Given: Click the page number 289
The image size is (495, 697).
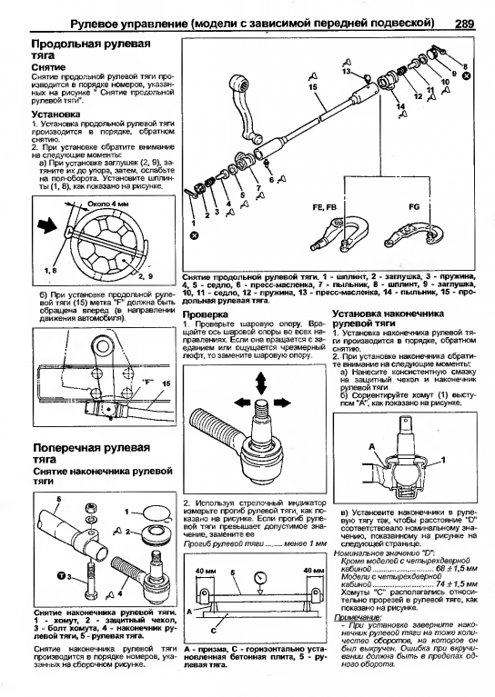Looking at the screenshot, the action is (465, 24).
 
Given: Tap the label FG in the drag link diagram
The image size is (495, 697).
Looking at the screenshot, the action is (414, 206).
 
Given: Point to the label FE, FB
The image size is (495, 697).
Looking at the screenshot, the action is (325, 206).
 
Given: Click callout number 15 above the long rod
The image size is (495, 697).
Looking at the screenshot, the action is (312, 87).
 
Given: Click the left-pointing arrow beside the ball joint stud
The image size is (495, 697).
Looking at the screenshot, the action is (243, 403).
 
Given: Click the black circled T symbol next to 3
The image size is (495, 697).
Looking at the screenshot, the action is (62, 576).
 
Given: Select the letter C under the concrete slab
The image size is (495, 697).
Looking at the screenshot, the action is (214, 631).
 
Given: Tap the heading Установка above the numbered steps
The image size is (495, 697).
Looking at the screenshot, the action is (56, 115).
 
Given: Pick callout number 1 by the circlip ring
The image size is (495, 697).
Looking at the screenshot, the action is (126, 512).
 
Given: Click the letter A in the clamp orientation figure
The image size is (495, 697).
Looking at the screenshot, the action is (371, 447).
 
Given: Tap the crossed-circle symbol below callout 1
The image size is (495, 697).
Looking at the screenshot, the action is (194, 235).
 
